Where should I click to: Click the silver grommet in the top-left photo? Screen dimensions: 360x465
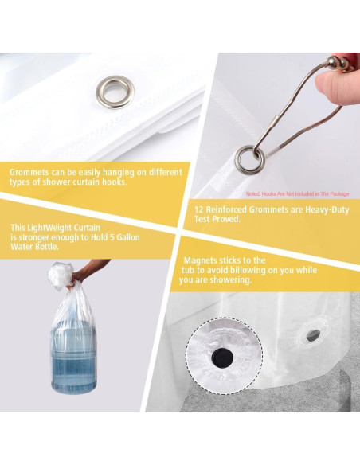(x=115, y=92)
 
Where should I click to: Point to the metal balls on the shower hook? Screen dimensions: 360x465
(x=341, y=64)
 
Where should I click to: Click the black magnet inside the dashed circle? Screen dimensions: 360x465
(x=222, y=358)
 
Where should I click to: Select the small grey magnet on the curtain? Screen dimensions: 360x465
(x=313, y=335)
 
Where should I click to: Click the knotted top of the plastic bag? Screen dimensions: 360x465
(x=61, y=275)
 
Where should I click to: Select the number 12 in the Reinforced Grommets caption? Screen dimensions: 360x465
(x=199, y=209)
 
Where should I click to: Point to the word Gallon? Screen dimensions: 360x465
(x=127, y=237)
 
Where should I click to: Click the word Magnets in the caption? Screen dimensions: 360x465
(x=200, y=260)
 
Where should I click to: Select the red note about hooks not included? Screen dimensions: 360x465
(x=297, y=194)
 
